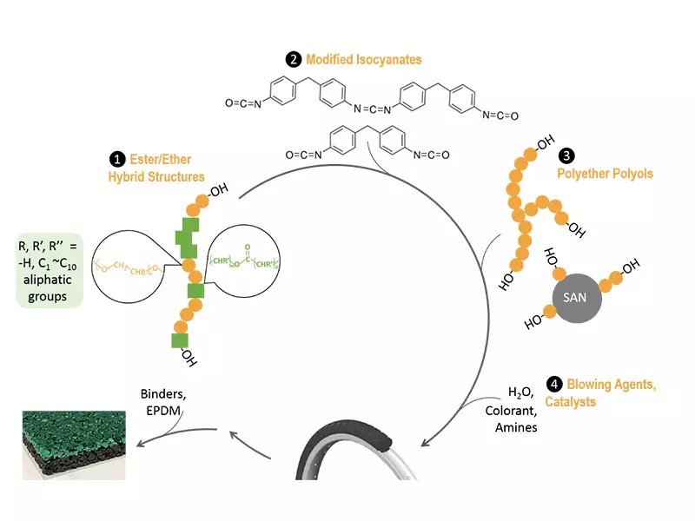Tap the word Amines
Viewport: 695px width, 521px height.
pos(516,427)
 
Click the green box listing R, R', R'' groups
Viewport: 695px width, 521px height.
pos(49,270)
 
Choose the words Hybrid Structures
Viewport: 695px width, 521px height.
pos(162,176)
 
